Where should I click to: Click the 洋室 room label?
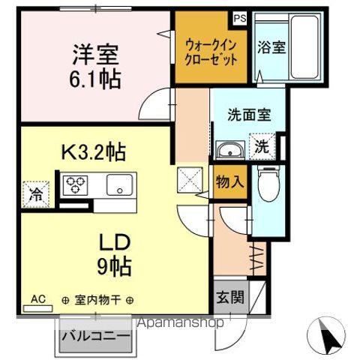(96, 54)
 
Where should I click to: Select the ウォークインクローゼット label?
(211, 50)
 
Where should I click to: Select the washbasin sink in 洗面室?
(229, 150)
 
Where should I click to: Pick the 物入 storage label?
(230, 181)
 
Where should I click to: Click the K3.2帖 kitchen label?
(92, 153)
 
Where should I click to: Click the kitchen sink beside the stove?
(118, 184)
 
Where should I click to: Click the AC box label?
(38, 299)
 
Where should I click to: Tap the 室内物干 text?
(97, 300)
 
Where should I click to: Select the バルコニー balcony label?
(96, 335)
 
